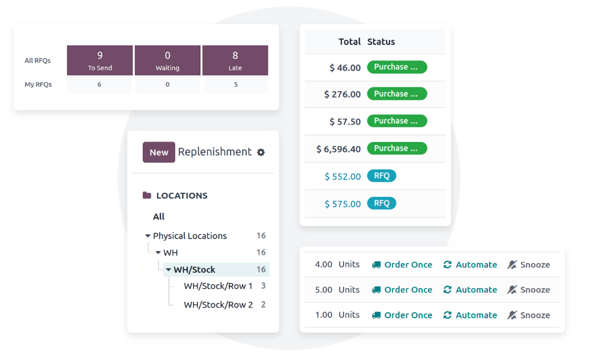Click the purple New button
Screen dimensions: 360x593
tap(159, 152)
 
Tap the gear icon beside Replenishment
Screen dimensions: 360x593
tap(261, 152)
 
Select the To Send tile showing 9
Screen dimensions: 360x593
tap(100, 60)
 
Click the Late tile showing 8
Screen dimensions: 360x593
tap(235, 60)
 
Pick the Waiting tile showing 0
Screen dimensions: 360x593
tap(167, 60)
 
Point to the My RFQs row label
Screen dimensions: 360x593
tap(38, 84)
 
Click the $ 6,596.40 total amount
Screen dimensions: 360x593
tap(338, 149)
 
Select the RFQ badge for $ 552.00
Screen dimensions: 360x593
tap(381, 176)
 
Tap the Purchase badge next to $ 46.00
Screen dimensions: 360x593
tap(397, 67)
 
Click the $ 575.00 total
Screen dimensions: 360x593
tap(342, 204)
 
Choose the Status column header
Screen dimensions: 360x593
tap(381, 42)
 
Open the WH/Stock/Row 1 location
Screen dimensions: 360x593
tap(218, 286)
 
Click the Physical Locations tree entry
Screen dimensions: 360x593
tap(189, 236)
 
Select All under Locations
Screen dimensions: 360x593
tap(159, 216)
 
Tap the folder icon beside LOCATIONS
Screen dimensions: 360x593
tap(147, 195)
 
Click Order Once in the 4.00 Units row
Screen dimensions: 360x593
tap(402, 265)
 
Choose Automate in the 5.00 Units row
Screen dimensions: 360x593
tap(470, 290)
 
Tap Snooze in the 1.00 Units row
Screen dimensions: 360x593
tap(529, 315)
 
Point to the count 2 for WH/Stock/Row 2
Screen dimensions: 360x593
tap(264, 305)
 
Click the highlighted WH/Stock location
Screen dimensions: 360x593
tap(194, 270)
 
